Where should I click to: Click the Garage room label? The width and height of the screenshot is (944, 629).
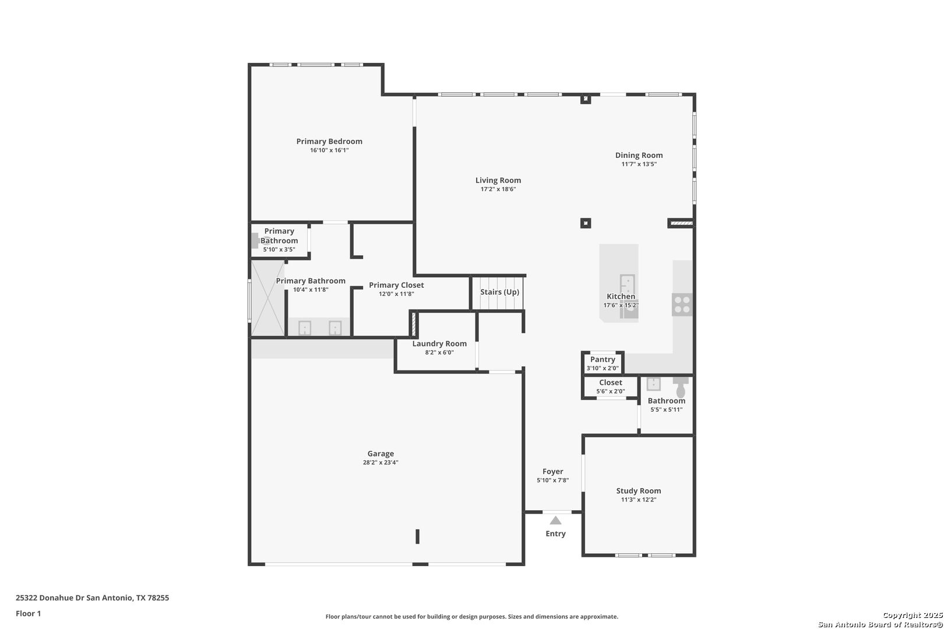point(381,453)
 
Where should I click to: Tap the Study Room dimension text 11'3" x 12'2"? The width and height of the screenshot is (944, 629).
point(639,500)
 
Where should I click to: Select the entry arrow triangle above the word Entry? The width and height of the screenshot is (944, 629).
point(555,520)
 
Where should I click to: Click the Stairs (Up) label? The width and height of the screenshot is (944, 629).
point(499,292)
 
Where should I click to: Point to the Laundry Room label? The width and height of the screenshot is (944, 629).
point(439,344)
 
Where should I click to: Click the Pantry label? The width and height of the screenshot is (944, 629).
point(603,359)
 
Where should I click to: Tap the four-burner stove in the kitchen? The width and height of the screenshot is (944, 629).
point(682,305)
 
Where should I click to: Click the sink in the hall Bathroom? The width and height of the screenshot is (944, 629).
point(654,384)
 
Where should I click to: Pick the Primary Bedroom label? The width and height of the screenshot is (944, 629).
point(329,142)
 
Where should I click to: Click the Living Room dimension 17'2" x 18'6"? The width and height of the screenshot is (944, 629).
point(498,189)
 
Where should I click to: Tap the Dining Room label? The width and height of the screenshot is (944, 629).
point(639,156)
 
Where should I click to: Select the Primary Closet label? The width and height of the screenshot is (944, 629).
point(396,285)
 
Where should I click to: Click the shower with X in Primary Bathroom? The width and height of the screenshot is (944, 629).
point(267,298)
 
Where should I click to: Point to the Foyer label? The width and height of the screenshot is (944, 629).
point(552,471)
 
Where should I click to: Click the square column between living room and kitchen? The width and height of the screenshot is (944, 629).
point(586,223)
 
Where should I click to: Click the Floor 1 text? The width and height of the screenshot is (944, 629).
point(28,613)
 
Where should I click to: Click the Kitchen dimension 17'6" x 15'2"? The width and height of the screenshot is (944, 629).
point(621,305)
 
